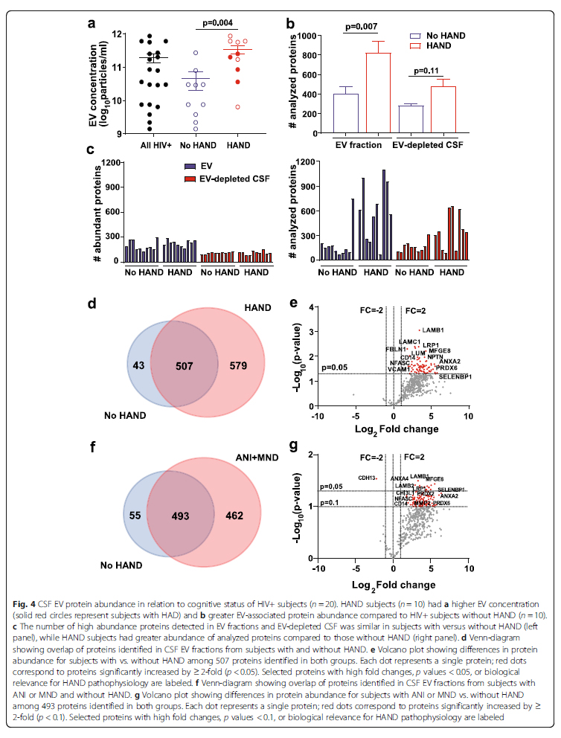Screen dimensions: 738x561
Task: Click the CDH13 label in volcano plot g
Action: coord(368,478)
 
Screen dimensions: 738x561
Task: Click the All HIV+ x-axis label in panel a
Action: coord(151,143)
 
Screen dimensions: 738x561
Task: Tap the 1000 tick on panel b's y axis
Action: coord(311,34)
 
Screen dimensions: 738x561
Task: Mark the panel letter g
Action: coord(295,447)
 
